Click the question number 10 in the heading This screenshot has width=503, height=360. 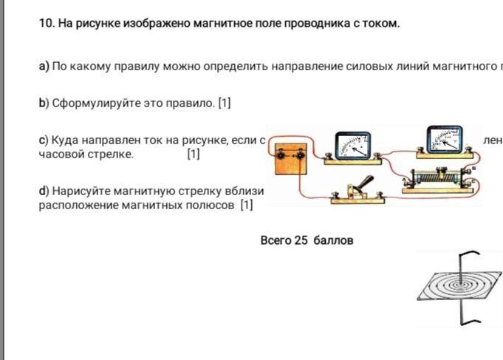pyautogui.click(x=46, y=24)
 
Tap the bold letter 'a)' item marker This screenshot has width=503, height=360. pyautogui.click(x=44, y=67)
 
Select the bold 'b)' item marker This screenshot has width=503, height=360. pyautogui.click(x=44, y=103)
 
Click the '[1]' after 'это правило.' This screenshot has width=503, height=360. pyautogui.click(x=224, y=103)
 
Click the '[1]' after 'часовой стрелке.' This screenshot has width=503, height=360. pyautogui.click(x=194, y=154)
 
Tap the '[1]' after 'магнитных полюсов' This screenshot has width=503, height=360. pyautogui.click(x=247, y=205)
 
